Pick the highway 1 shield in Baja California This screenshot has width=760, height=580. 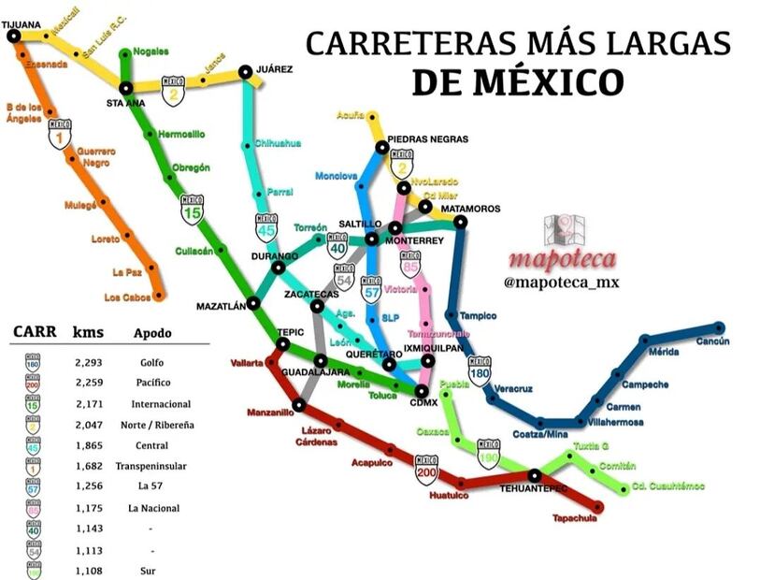coord(61,135)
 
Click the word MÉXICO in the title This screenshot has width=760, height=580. coord(517,81)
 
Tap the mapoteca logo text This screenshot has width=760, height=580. coord(562,258)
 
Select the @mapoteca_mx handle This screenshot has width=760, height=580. coord(562,282)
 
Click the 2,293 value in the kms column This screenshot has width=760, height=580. coord(88,362)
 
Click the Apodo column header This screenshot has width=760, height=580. coord(152,333)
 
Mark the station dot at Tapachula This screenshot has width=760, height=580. coord(598,507)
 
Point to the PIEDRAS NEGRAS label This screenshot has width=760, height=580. coord(427,138)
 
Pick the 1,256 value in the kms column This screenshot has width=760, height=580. coord(88,486)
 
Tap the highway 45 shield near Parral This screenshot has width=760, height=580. coord(267,227)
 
